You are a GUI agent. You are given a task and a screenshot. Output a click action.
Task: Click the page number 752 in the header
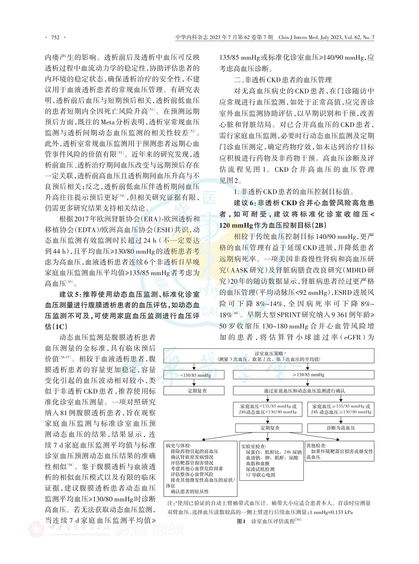[55, 37]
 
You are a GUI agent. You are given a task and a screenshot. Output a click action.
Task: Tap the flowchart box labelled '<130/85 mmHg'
[195, 375]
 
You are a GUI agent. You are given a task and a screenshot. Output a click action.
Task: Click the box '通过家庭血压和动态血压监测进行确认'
[303, 391]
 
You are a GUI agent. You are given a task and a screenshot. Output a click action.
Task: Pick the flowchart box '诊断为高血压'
[341, 428]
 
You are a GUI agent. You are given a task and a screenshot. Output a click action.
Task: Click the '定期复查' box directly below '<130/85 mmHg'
[197, 391]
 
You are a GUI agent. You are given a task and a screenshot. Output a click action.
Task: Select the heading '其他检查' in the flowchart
[317, 446]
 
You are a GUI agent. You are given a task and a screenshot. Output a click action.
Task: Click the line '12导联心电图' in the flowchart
[260, 475]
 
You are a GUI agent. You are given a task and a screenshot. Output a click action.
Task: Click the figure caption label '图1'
[241, 521]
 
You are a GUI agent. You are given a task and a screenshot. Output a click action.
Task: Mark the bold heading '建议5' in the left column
[69, 294]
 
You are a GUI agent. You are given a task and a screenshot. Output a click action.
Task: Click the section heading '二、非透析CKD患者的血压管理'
[283, 80]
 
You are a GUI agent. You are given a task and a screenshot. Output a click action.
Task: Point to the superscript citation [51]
[152, 110]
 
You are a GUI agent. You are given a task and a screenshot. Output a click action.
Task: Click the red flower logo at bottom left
[36, 529]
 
